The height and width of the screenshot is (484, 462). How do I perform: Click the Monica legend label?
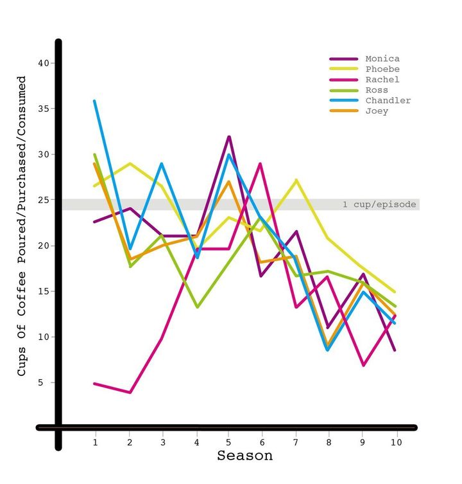point(382,58)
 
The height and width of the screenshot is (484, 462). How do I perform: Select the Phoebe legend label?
point(382,69)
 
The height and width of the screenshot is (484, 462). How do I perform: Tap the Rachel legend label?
point(382,80)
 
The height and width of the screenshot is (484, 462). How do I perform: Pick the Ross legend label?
point(376,90)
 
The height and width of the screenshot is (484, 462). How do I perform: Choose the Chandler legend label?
point(388,100)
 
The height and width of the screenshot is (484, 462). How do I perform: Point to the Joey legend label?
point(376,111)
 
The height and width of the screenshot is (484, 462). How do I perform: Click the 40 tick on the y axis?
point(43,63)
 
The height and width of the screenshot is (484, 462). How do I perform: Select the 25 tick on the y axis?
point(43,200)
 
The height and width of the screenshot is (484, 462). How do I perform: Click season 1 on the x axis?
point(95,442)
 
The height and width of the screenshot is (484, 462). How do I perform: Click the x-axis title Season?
point(244,456)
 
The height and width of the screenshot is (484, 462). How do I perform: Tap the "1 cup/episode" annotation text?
point(379,205)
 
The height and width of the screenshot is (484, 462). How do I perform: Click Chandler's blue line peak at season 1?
point(95,101)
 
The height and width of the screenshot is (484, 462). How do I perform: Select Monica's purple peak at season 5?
point(228,136)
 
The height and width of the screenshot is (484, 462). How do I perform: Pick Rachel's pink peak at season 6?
point(260,163)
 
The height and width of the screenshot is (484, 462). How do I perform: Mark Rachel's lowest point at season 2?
point(130,392)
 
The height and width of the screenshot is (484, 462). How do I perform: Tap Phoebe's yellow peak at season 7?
point(296,179)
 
